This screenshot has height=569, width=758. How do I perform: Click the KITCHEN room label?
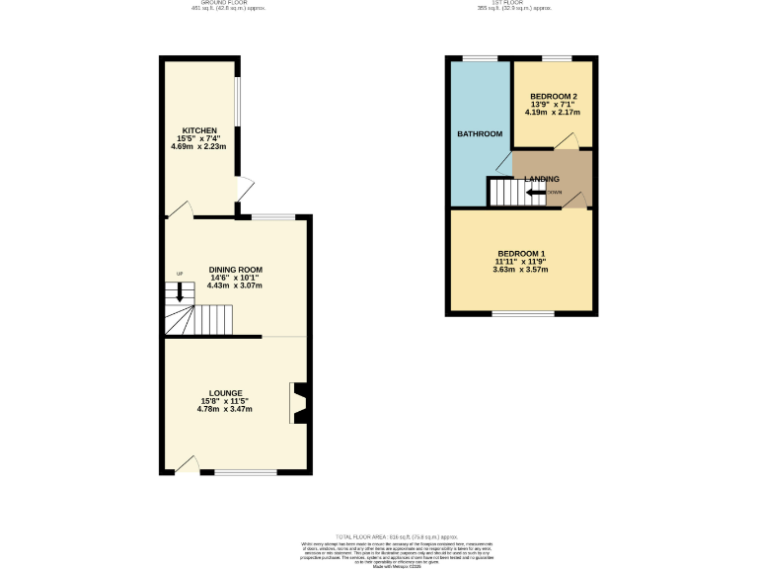pos(198,130)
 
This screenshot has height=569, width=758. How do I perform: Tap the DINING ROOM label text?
pos(235,269)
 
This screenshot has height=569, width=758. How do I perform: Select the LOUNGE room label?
pos(225,393)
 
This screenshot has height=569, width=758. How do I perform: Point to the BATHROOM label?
pos(480,133)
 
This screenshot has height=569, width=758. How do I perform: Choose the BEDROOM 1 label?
pos(520,253)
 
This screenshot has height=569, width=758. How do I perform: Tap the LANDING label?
pos(542,179)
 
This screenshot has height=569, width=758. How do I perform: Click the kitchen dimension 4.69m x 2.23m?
pos(198,147)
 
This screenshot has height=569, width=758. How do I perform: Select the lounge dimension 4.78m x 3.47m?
pos(225,409)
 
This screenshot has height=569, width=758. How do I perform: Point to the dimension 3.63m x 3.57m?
pos(520,270)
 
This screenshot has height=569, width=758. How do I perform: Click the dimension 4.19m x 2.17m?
pos(552,113)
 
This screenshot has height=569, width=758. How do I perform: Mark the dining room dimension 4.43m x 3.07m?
pos(235,285)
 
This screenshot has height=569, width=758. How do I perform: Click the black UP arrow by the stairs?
pos(180,290)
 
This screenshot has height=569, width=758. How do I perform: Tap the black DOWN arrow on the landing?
pos(537,192)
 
